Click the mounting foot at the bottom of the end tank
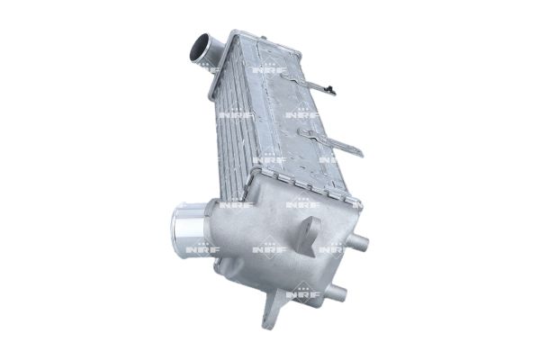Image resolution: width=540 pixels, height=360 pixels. point(273,315)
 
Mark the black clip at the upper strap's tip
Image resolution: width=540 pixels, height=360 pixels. point(331,90)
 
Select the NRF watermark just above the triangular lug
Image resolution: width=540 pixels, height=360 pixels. point(302,203)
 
